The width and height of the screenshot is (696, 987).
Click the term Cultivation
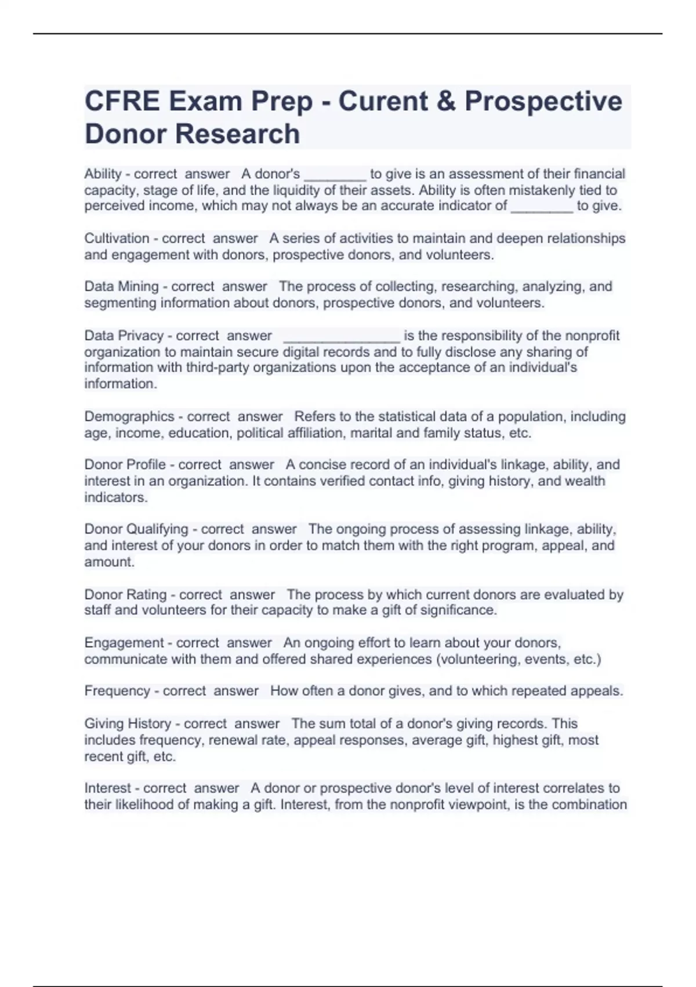[117, 238]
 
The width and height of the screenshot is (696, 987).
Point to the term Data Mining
[121, 286]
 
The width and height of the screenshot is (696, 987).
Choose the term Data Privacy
[124, 336]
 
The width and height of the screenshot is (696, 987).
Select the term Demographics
[129, 416]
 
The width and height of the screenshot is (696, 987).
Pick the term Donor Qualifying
[136, 529]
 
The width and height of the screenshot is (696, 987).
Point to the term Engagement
[124, 643]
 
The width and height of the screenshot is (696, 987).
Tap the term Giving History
[128, 723]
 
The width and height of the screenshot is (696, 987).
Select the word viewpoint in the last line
[483, 805]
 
